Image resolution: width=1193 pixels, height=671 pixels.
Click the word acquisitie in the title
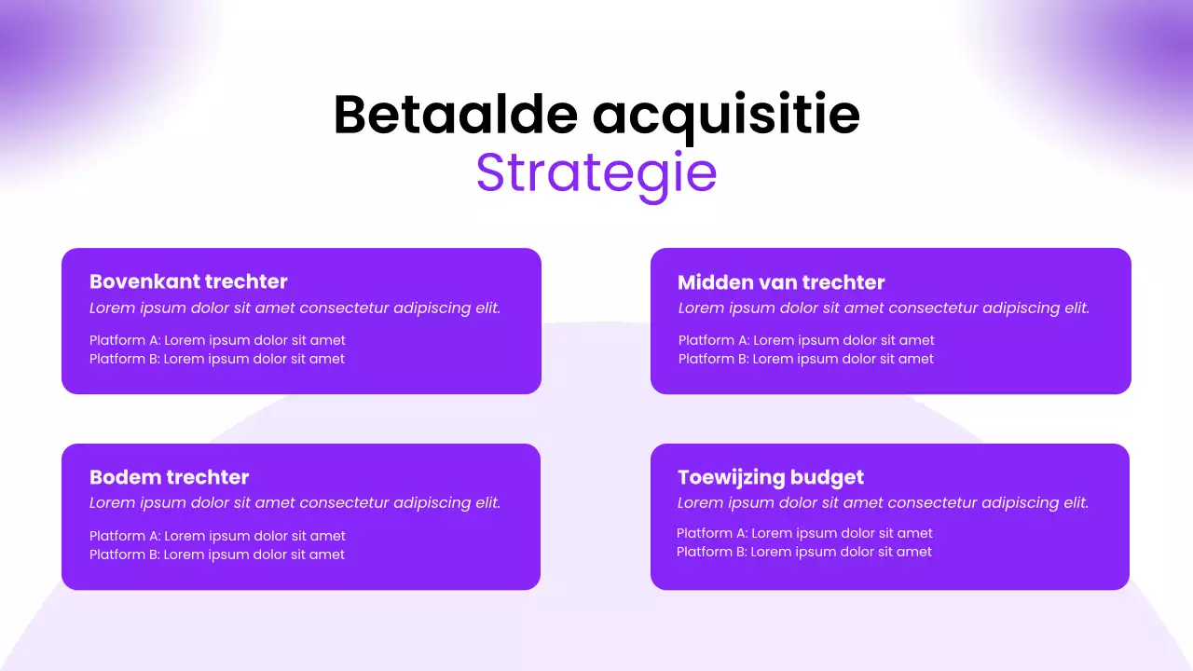click(726, 116)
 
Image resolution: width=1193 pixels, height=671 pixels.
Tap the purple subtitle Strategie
click(596, 172)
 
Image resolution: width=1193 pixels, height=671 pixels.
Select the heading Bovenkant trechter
click(188, 281)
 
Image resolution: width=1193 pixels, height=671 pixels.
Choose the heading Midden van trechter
click(781, 282)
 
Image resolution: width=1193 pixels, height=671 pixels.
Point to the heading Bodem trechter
click(170, 477)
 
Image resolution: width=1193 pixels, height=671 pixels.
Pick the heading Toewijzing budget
click(771, 477)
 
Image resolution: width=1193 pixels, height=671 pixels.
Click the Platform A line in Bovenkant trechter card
click(217, 340)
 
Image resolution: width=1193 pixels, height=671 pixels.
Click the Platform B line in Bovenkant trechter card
click(217, 359)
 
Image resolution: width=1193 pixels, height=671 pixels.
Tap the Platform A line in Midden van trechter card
click(806, 340)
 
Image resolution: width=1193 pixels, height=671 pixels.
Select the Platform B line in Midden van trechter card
click(806, 359)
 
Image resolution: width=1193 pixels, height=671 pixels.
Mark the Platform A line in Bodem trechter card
click(217, 536)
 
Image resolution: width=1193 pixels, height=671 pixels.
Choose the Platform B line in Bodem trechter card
click(217, 555)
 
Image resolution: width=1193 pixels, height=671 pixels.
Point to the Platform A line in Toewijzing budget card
click(804, 533)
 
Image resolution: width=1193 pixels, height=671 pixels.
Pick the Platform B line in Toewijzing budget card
click(804, 552)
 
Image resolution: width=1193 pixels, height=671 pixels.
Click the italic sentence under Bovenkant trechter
click(295, 308)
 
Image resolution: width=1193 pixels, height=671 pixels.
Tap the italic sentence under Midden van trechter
click(884, 308)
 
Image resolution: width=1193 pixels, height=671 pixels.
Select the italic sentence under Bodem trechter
click(295, 503)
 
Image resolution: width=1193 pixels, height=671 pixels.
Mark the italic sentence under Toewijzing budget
click(883, 503)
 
